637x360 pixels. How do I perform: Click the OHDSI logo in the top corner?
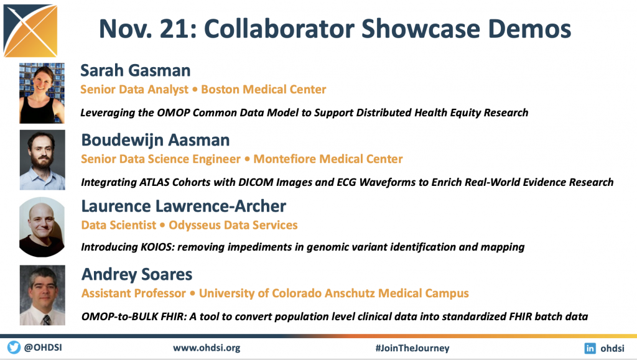point(30,30)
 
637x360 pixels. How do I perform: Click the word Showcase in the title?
point(421,29)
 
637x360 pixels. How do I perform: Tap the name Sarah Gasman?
point(135,70)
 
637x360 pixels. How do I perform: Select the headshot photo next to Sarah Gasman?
point(42,93)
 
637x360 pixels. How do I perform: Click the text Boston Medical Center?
point(264,90)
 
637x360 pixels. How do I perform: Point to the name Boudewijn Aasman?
point(156,140)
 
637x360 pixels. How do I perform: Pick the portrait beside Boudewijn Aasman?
point(42,160)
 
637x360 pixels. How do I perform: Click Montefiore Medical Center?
point(328,159)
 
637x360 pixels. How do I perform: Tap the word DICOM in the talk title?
point(256,182)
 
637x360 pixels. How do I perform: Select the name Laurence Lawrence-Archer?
point(184,206)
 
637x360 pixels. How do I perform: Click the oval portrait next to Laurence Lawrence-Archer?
point(42,227)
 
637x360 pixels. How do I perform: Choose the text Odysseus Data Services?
point(233,225)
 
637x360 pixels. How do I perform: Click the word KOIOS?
point(157,247)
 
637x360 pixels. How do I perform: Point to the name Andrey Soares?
point(137,275)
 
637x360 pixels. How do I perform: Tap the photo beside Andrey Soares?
point(42,295)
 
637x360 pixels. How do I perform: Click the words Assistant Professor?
point(134,293)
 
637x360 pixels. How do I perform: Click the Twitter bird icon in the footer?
point(14,348)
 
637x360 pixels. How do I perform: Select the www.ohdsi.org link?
point(207,348)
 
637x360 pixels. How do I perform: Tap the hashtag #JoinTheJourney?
point(412,348)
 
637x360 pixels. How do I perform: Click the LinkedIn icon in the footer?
point(590,348)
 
